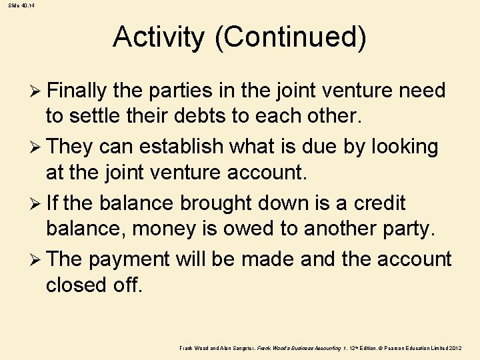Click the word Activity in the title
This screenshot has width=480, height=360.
[159, 37]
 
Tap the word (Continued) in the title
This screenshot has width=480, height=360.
[290, 37]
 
